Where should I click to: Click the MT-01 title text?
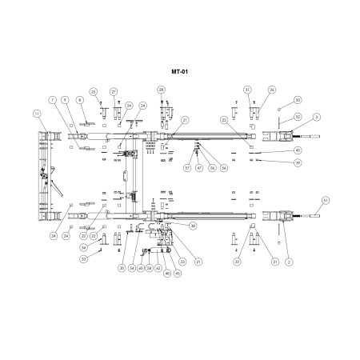click(x=179, y=70)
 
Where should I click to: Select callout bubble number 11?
click(x=36, y=114)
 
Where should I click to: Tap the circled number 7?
click(x=53, y=99)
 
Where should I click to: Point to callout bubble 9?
click(x=66, y=99)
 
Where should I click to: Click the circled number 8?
click(x=79, y=99)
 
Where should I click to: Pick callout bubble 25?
click(x=93, y=91)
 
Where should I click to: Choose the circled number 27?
click(x=114, y=91)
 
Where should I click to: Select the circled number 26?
click(x=272, y=90)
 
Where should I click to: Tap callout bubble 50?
click(x=298, y=100)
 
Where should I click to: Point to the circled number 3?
click(x=317, y=118)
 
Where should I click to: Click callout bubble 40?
click(x=298, y=150)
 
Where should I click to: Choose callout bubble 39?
click(x=298, y=162)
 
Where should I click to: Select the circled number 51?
click(x=325, y=199)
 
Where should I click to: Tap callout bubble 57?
click(x=187, y=168)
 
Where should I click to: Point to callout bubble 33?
click(x=83, y=258)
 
